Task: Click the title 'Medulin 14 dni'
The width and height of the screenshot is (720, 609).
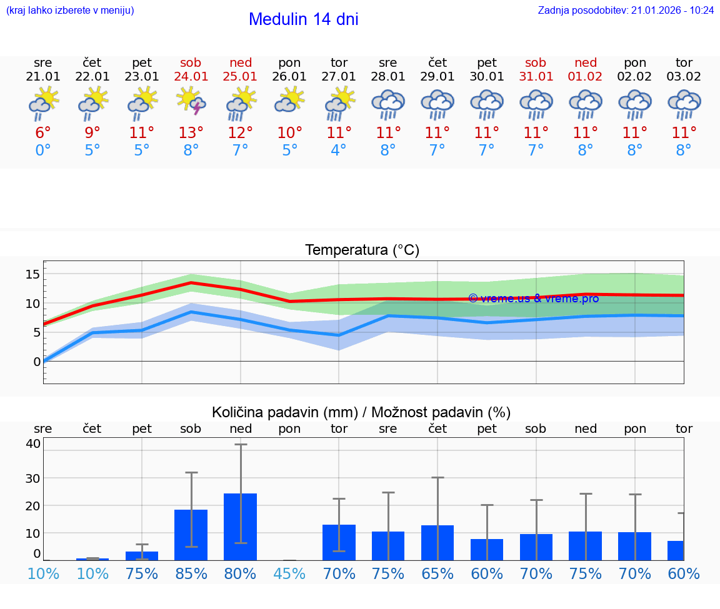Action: pyautogui.click(x=303, y=19)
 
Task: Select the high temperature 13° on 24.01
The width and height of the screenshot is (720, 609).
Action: pyautogui.click(x=191, y=133)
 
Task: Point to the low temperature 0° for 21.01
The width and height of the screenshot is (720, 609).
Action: pyautogui.click(x=43, y=151)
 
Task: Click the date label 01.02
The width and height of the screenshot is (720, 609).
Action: pyautogui.click(x=586, y=77)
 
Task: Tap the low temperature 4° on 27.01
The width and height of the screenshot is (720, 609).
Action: pyautogui.click(x=339, y=151)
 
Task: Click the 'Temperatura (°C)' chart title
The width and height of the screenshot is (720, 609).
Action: pyautogui.click(x=362, y=250)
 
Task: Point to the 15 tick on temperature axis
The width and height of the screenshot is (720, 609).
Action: pyautogui.click(x=32, y=274)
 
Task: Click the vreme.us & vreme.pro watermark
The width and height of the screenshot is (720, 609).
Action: pyautogui.click(x=533, y=299)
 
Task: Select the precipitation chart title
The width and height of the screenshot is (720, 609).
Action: pyautogui.click(x=361, y=412)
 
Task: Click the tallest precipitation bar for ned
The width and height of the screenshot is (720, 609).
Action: pyautogui.click(x=241, y=527)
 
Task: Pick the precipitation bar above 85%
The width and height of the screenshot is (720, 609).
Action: pyautogui.click(x=191, y=535)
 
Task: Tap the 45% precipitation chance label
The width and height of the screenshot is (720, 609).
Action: pyautogui.click(x=290, y=573)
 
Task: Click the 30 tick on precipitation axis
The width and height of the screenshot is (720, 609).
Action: pyautogui.click(x=32, y=478)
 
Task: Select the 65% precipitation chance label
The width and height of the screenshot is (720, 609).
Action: pyautogui.click(x=437, y=573)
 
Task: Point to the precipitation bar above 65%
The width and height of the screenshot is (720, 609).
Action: pyautogui.click(x=437, y=542)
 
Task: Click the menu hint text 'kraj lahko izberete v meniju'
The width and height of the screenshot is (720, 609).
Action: pyautogui.click(x=70, y=11)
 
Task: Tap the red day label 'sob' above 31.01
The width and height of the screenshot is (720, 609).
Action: pyautogui.click(x=536, y=62)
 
